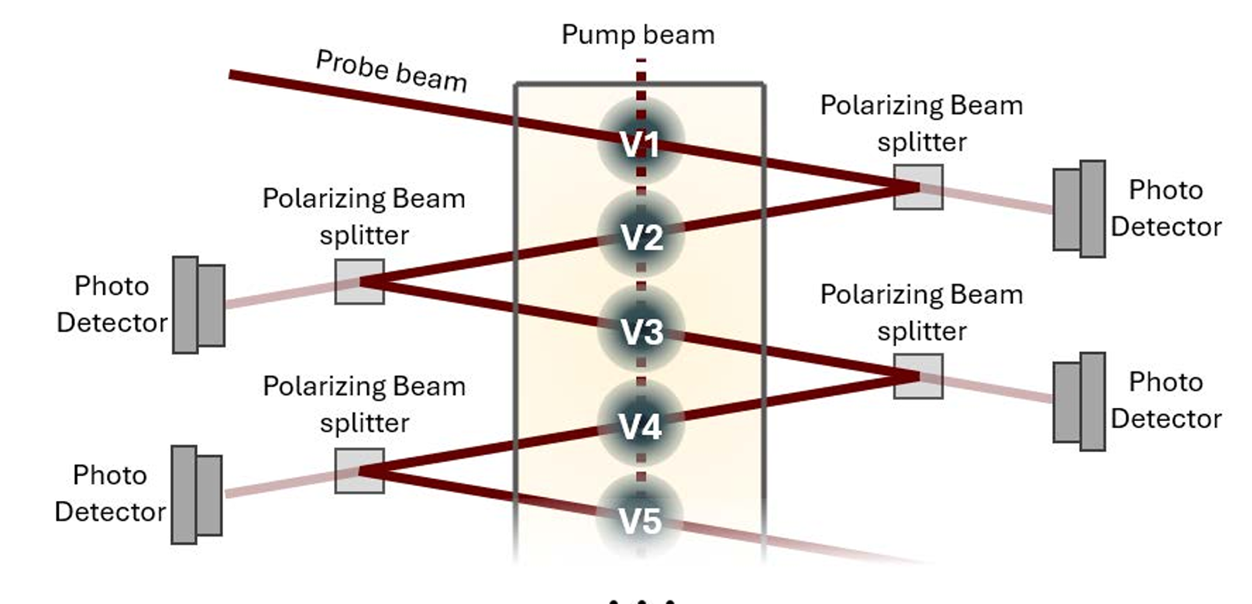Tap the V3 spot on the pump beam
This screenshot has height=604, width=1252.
coord(640,330)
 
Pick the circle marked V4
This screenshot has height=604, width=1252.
coord(640,424)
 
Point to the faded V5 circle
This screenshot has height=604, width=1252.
coord(640,518)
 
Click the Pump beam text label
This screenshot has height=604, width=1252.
coord(638,35)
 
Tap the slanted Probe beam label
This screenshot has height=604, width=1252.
coord(391,71)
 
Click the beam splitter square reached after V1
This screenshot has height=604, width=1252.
coord(918,187)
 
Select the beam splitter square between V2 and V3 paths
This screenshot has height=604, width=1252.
coord(359,281)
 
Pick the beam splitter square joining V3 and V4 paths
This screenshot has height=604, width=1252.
coord(918,376)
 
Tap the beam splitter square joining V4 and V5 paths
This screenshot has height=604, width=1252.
coord(359,471)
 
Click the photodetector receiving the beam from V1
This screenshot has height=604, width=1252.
coord(1079,209)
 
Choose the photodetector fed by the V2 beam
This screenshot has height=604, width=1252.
coord(198,305)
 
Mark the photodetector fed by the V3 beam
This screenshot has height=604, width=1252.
coord(1079,401)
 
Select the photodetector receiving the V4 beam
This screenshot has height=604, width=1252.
coord(197,495)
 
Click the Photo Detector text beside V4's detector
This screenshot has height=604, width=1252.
coord(109,493)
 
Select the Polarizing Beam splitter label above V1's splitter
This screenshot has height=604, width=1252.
coord(921,123)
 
